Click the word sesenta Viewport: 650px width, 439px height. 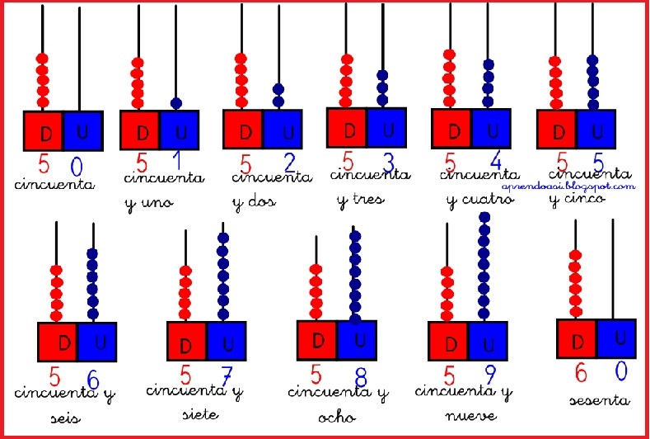point(600,401)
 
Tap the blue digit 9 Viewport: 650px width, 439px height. point(489,376)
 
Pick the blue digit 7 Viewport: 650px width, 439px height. point(227,375)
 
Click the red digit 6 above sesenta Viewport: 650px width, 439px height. point(580,373)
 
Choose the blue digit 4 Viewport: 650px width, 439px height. point(494,162)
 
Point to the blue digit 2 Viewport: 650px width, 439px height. point(288,161)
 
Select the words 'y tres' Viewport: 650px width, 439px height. point(361,199)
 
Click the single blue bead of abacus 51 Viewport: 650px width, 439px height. point(176,103)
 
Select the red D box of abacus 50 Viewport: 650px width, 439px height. point(43,131)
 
